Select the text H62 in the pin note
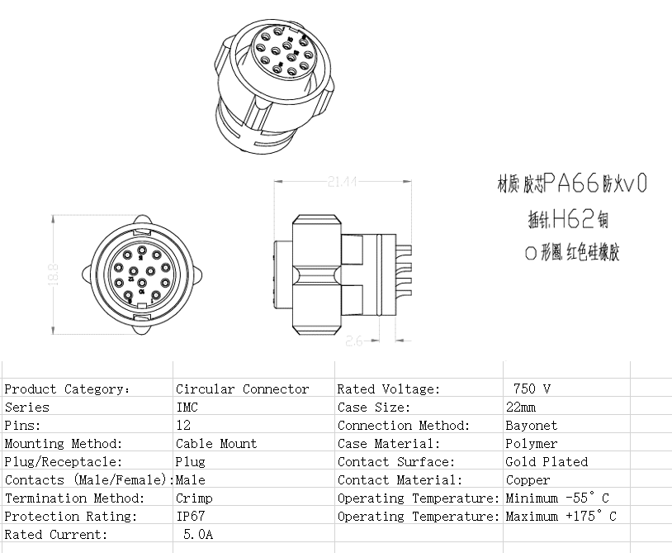570,218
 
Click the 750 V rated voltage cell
532,389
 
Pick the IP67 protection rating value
190,516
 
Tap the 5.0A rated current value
197,534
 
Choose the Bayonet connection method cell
531,425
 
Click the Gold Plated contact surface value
547,461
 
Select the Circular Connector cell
242,389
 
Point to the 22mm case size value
520,407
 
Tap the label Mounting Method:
63,443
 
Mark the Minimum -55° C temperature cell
557,498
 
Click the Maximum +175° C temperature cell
561,516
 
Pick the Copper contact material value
528,479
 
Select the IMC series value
187,407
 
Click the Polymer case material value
531,443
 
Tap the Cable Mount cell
215,443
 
